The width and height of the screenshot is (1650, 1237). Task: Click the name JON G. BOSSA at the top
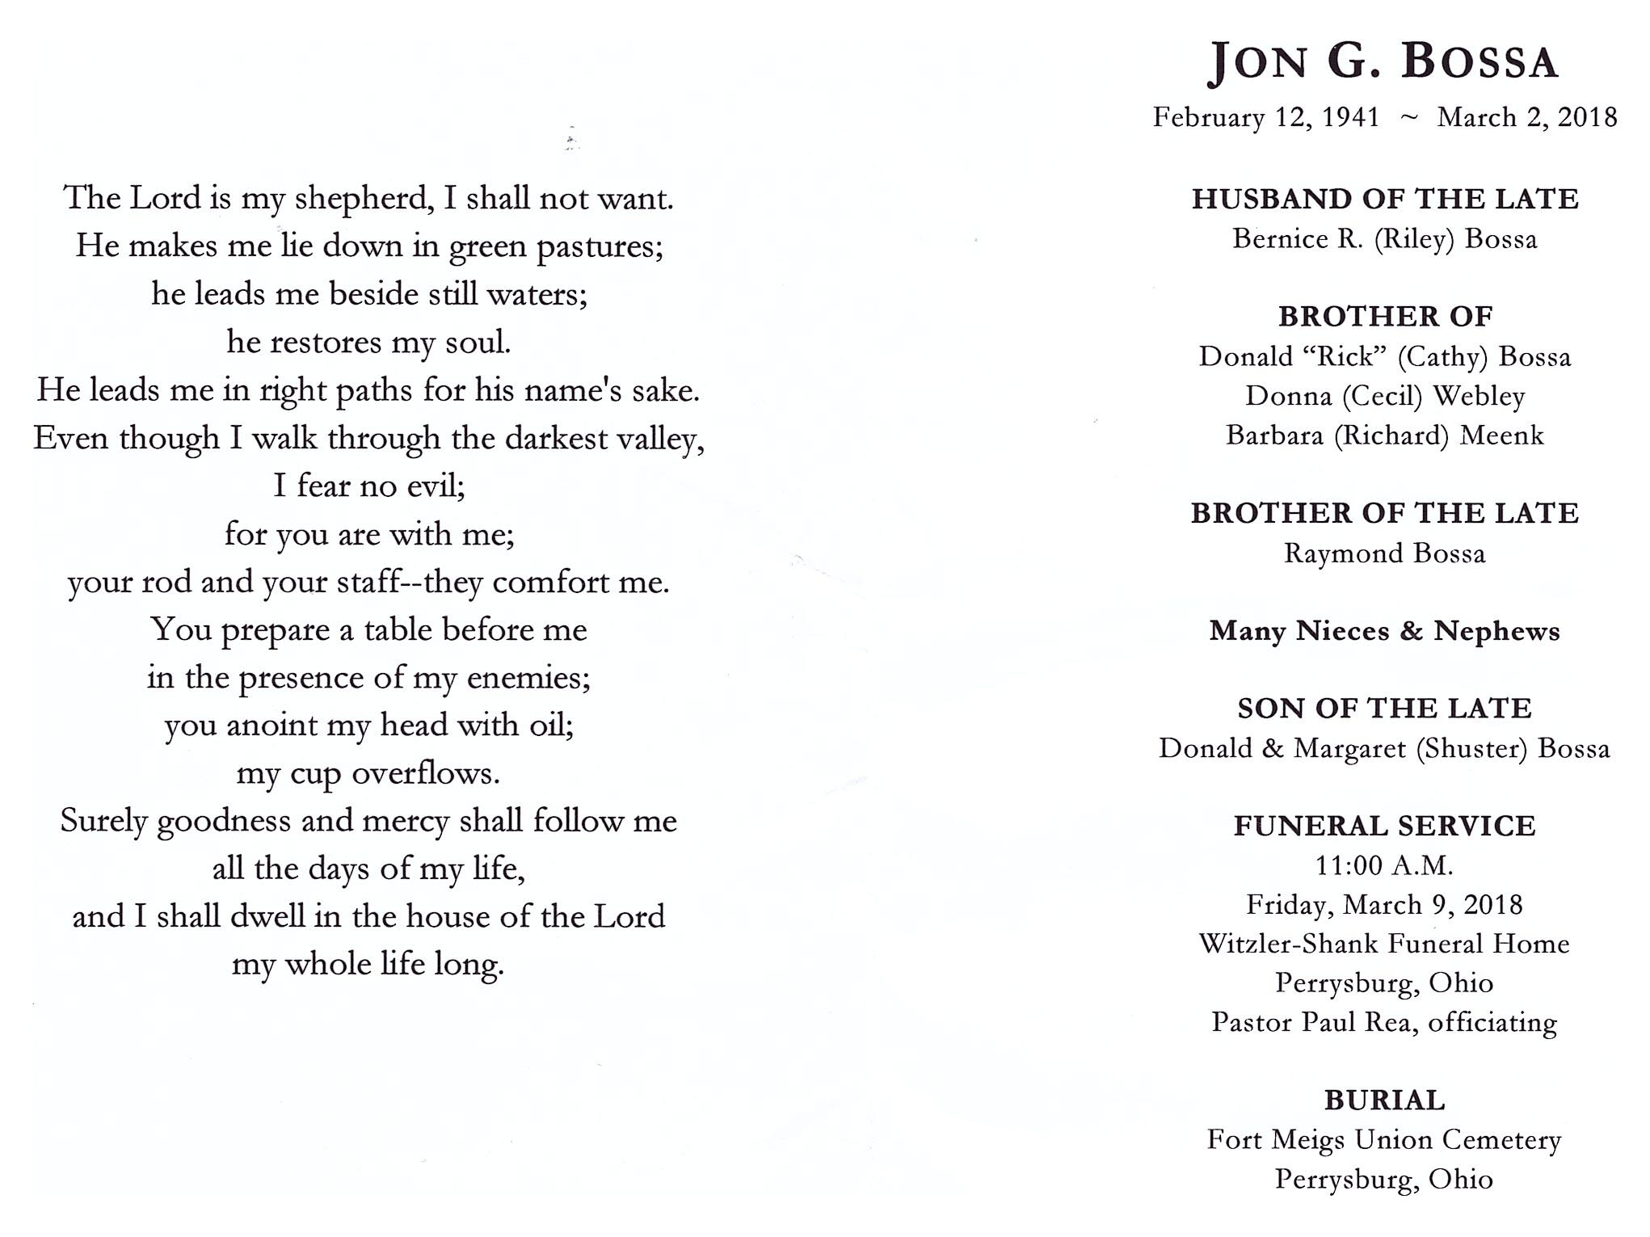(x=1383, y=61)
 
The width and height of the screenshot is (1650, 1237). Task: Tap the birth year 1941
(x=1350, y=117)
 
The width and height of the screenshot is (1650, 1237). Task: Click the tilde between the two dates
(x=1408, y=118)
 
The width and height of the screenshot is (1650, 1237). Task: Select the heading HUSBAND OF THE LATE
(x=1385, y=199)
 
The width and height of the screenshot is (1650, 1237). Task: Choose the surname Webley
(x=1479, y=396)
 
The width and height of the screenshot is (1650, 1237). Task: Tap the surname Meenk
(x=1502, y=435)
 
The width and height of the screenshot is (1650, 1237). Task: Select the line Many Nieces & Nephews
(x=1384, y=631)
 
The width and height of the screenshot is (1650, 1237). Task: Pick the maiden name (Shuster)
(x=1471, y=748)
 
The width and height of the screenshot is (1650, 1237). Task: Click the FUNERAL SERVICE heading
(x=1384, y=826)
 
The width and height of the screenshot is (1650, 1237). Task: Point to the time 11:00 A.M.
(x=1384, y=865)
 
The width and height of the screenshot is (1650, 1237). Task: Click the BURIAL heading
(x=1384, y=1100)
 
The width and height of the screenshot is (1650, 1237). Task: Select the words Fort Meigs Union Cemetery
(x=1384, y=1140)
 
